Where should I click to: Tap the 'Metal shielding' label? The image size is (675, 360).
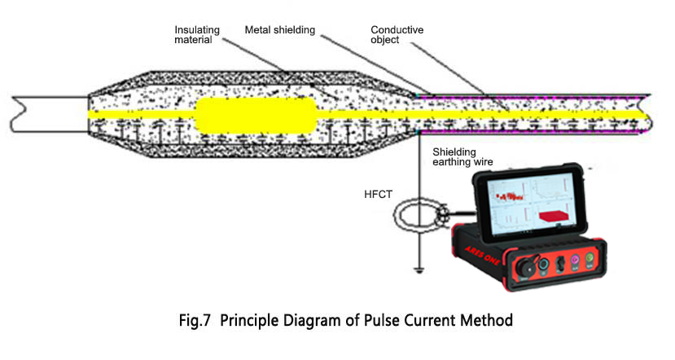tap(279, 30)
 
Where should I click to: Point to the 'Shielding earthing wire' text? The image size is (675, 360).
tap(462, 156)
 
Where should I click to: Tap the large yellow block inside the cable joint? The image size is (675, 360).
tap(255, 114)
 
